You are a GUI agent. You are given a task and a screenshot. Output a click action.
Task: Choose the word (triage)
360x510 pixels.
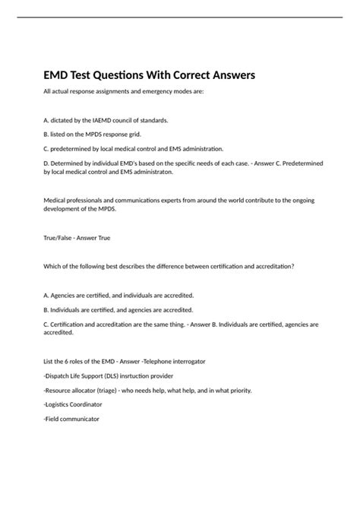116,390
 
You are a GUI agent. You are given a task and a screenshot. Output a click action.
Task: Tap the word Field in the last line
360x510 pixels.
55,419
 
